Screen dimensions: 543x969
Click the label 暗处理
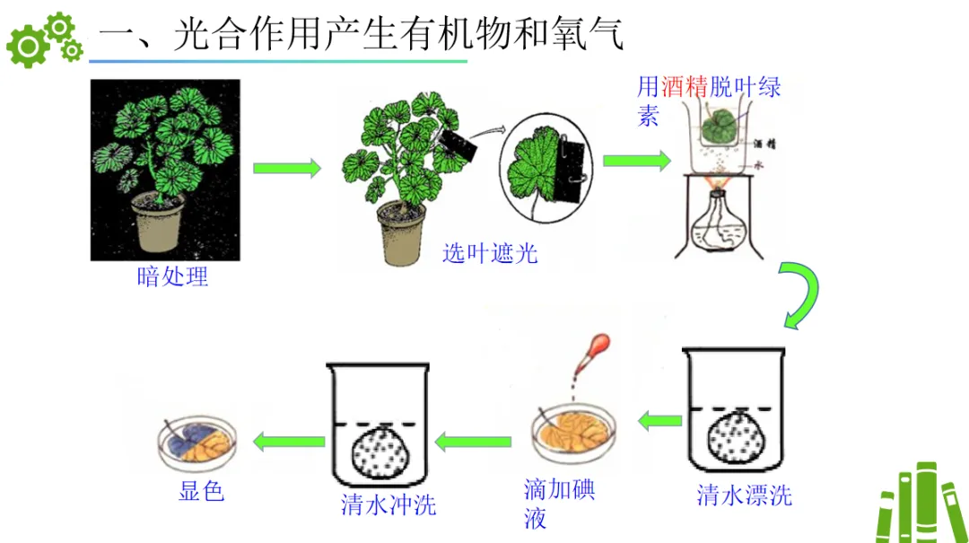172,276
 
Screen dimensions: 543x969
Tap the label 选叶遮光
490,253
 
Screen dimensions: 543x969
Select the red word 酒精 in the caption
685,87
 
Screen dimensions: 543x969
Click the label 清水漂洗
744,495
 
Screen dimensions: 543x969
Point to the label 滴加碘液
558,504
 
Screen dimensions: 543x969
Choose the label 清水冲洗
388,504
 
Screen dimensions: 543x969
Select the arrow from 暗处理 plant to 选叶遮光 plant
286,169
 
